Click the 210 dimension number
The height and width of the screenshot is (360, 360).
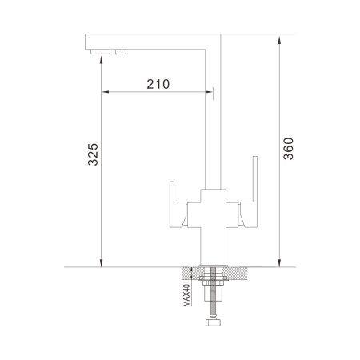pos(158,84)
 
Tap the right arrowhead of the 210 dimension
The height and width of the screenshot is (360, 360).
pos(209,93)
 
